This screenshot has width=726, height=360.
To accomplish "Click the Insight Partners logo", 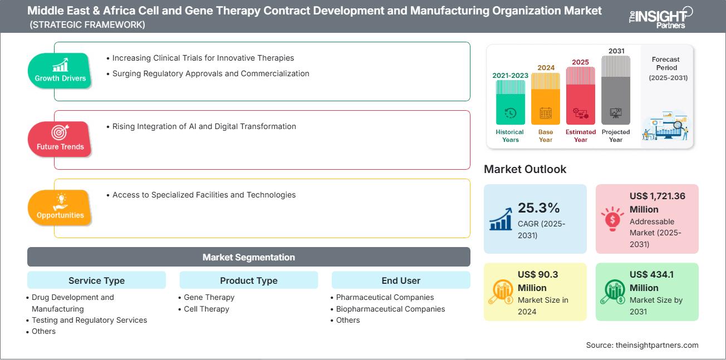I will click(x=660, y=16).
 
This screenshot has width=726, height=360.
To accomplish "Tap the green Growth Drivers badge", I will click(x=60, y=71).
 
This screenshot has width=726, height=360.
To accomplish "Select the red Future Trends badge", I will click(x=60, y=139).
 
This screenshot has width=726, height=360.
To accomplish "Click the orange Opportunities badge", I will click(x=60, y=208).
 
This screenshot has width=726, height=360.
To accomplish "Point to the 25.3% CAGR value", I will click(x=538, y=208).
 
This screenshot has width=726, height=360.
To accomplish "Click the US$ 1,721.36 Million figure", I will click(x=658, y=203).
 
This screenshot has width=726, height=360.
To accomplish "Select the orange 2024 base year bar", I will click(x=546, y=98).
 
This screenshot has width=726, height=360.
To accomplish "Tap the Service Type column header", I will click(x=96, y=280).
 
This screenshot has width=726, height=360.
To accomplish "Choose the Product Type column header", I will click(x=248, y=280).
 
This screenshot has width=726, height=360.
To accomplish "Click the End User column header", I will click(x=401, y=280).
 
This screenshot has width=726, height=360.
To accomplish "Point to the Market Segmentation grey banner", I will click(x=248, y=257).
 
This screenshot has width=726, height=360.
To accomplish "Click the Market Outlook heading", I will click(x=525, y=169).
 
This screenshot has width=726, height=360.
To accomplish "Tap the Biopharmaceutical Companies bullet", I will click(x=390, y=309).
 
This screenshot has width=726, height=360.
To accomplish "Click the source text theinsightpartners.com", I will click(x=642, y=345).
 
